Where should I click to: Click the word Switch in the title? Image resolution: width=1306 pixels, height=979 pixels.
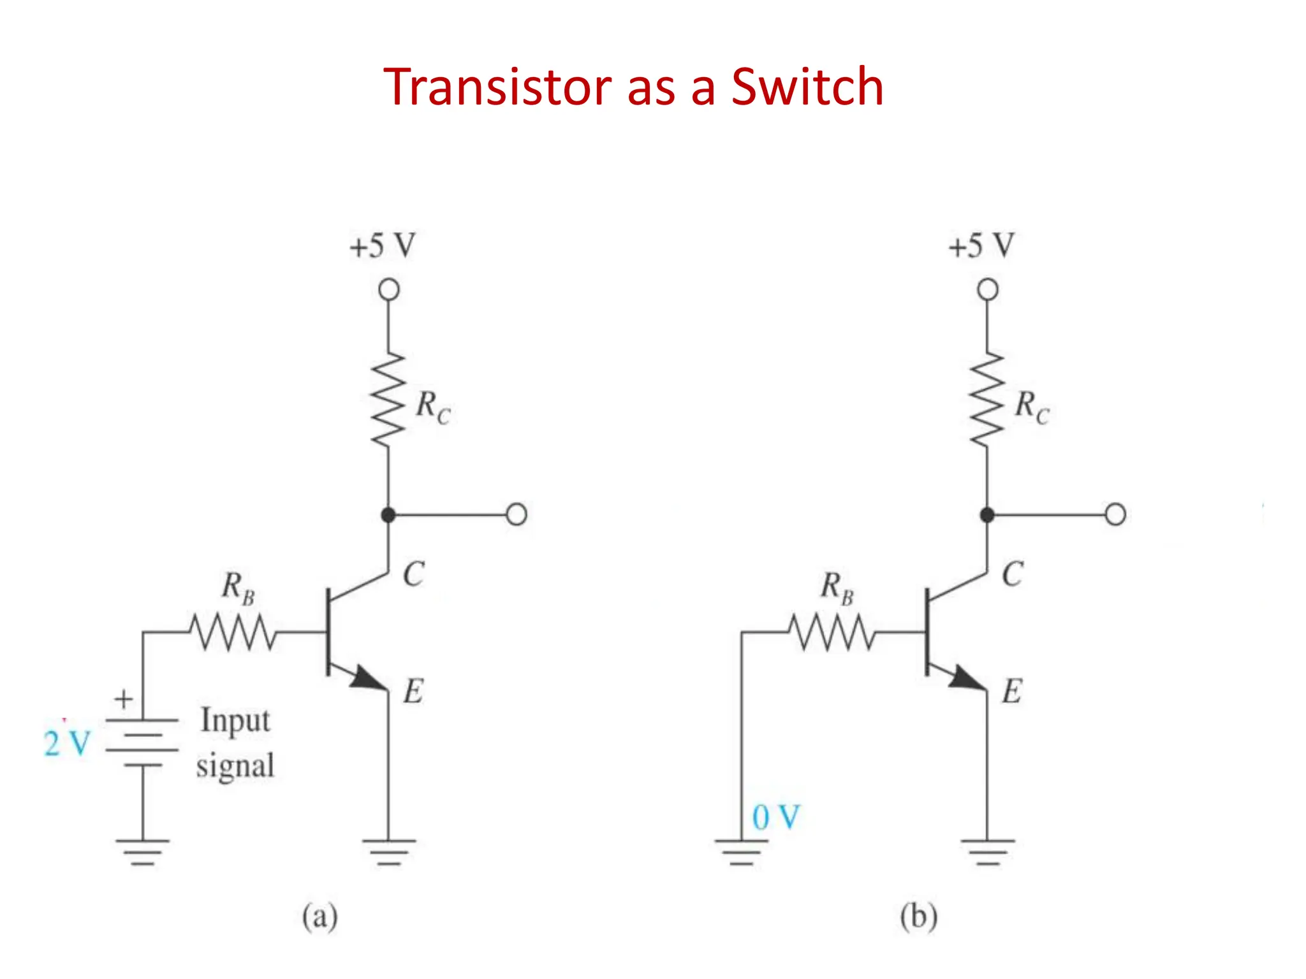pos(807,87)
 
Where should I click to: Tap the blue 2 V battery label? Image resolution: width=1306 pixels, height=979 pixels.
pos(67,743)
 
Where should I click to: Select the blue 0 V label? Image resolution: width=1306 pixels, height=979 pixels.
pos(775,817)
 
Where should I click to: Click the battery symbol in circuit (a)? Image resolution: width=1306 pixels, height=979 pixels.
pos(142,743)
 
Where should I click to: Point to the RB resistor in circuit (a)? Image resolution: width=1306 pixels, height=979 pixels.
pos(233,632)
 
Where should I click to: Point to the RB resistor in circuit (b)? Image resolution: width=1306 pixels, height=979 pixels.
pos(832,632)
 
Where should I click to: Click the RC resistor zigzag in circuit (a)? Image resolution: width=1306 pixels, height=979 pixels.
pos(388,400)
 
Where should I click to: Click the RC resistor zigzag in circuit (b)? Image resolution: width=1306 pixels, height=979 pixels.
pos(987,400)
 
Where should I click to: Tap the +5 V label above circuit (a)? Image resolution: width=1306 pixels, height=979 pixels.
pos(383,246)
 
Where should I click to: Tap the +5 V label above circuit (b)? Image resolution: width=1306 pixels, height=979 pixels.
pos(981,246)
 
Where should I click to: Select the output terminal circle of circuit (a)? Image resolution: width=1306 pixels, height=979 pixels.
pos(517,514)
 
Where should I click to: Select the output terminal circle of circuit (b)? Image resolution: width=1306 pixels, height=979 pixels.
pos(1115,514)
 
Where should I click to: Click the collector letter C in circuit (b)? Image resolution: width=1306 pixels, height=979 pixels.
pos(1012,574)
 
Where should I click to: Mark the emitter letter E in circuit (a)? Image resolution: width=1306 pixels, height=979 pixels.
pos(413,692)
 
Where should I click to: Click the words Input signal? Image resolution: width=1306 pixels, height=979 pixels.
pos(235,743)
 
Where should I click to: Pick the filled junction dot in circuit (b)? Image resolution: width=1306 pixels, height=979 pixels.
pos(987,515)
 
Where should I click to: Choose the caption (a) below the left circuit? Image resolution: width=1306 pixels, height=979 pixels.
pos(320,917)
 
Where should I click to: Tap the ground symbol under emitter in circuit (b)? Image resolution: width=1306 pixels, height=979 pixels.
pos(987,852)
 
